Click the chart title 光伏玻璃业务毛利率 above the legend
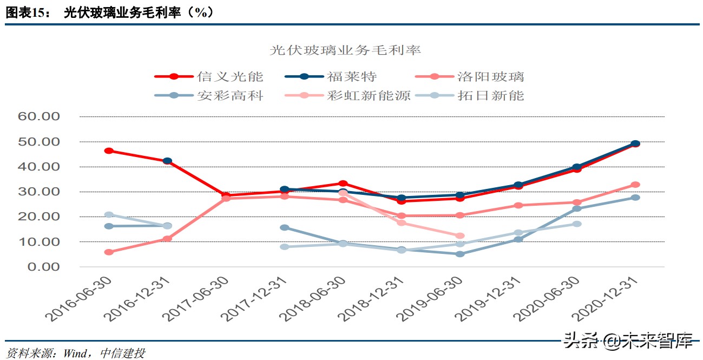pyautogui.click(x=345, y=50)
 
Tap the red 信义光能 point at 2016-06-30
pyautogui.click(x=109, y=150)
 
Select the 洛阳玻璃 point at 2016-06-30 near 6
pyautogui.click(x=109, y=252)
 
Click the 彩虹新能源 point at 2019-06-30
pyautogui.click(x=460, y=236)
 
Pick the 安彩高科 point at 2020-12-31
pyautogui.click(x=635, y=198)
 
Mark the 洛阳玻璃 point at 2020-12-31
pyautogui.click(x=635, y=185)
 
